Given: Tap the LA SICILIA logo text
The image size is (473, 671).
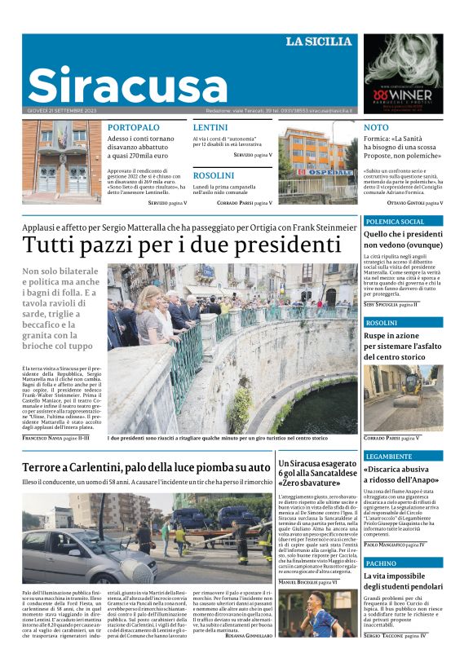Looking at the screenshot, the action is click(319, 42).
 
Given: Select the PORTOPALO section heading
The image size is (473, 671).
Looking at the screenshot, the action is click(134, 128).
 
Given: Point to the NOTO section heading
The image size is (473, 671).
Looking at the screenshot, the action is click(376, 128).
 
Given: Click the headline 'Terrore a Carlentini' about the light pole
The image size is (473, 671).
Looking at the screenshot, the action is click(146, 467).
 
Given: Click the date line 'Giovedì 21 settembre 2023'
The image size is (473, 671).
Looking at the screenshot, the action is click(62, 110).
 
